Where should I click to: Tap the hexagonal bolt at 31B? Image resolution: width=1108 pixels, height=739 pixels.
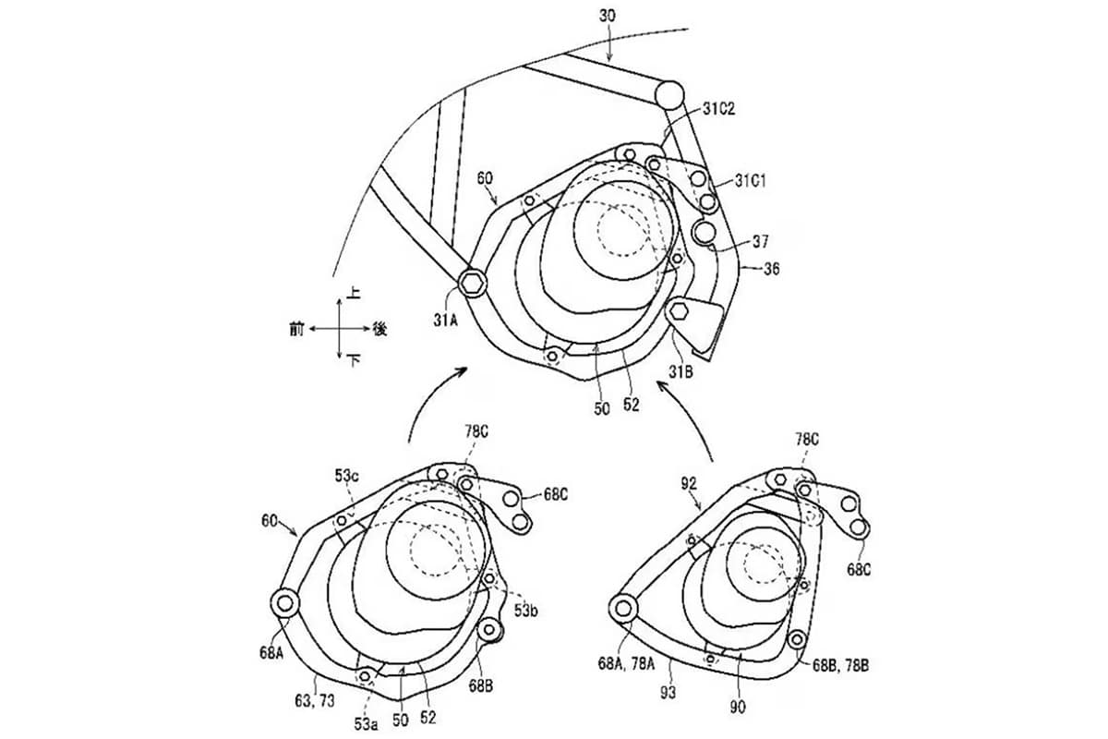pos(681,309)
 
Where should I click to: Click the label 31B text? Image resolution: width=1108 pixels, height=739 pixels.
pos(680,371)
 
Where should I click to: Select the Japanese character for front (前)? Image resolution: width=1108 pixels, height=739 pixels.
pos(295,328)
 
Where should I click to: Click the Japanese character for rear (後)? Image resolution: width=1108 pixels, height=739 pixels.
pos(379,328)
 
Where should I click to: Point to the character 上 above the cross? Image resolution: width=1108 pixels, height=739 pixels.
pos(353,292)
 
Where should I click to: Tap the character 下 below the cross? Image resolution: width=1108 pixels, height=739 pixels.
pos(353,363)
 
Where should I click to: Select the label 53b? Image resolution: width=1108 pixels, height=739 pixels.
pos(526,611)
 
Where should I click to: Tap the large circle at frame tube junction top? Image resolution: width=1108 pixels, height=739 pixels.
pos(670,93)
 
